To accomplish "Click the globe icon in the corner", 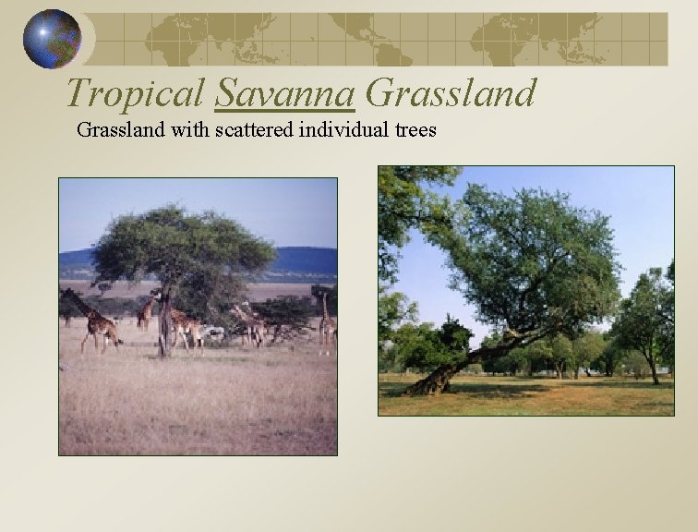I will tap(52, 39).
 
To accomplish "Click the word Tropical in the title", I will tap(136, 92).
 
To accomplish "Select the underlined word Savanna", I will tap(285, 92).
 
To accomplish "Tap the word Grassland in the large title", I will tap(451, 92).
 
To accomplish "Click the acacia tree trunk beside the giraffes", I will tap(163, 328).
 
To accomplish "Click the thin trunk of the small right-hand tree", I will tap(653, 370).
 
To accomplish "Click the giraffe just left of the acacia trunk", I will tap(146, 314).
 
